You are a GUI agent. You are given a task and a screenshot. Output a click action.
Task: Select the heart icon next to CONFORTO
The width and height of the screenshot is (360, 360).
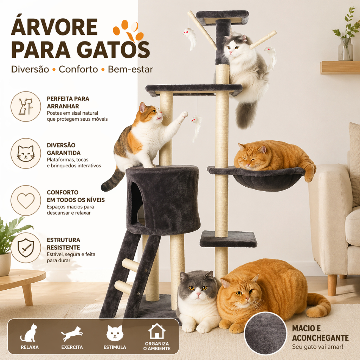tap(26, 200)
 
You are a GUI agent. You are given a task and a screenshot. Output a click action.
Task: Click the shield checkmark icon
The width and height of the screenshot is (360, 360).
tap(26, 248)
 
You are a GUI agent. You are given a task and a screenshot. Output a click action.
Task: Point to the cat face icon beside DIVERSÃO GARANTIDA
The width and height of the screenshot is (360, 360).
tap(26, 153)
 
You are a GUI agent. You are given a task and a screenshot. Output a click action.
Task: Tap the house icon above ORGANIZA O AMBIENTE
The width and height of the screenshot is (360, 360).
tap(156, 331)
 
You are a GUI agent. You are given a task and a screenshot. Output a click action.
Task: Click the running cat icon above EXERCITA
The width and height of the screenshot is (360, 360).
tap(72, 333)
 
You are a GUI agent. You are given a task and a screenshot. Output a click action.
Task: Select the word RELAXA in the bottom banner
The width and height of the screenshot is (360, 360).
tap(30, 347)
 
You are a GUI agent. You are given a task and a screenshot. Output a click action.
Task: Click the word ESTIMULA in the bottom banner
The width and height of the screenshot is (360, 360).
tap(115, 347)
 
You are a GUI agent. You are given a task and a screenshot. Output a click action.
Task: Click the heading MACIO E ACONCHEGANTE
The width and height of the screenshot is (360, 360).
tap(320, 333)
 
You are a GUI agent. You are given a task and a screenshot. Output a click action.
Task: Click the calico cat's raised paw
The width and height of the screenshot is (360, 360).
tap(184, 115)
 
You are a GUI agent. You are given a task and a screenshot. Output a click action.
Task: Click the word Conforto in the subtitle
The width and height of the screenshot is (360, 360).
tap(78, 69)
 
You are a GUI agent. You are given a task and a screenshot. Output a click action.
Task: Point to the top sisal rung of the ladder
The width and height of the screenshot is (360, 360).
tap(130, 265)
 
